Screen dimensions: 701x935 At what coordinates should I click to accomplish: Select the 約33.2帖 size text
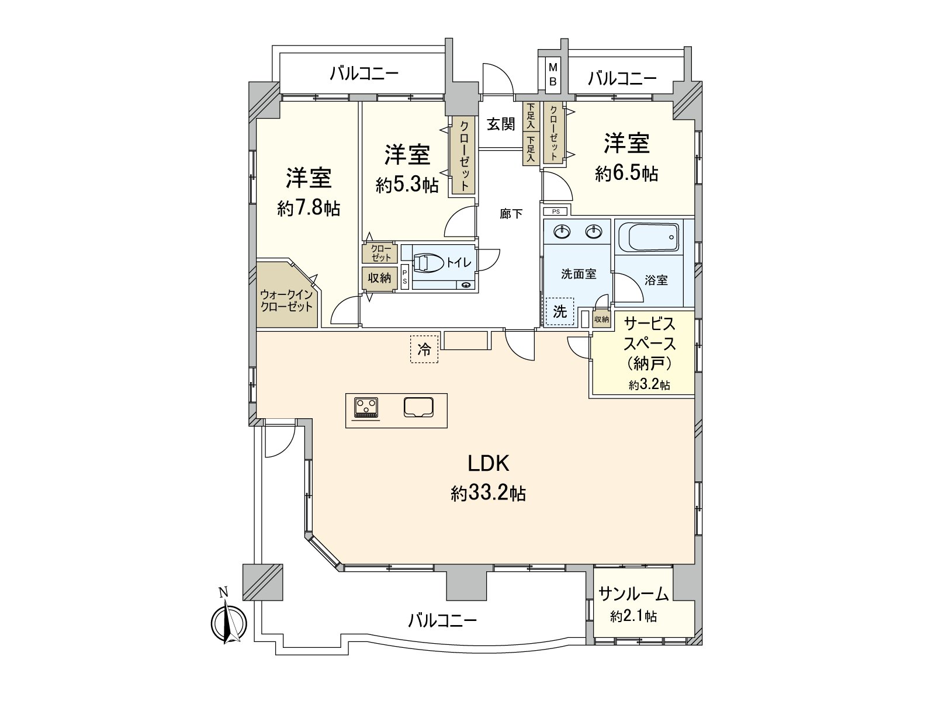(488, 494)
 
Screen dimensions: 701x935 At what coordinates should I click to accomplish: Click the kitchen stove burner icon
(366, 407)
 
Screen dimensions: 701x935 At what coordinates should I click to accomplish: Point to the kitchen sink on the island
(418, 407)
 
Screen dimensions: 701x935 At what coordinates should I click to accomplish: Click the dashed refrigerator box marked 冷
(424, 349)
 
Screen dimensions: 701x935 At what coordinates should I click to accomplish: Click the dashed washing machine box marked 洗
(560, 311)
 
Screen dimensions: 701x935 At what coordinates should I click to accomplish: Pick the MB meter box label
(552, 74)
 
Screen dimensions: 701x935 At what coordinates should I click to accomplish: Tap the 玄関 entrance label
(501, 124)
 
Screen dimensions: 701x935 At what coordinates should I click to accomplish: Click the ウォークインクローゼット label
(286, 301)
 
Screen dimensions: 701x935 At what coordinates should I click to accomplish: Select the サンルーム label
(633, 595)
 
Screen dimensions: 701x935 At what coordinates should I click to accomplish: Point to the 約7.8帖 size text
(309, 209)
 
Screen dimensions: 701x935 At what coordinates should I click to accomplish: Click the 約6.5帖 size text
(626, 173)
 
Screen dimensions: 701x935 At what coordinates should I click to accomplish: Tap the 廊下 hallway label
(511, 214)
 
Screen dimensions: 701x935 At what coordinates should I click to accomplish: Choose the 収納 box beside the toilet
(379, 278)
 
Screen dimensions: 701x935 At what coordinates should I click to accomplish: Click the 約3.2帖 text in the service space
(649, 385)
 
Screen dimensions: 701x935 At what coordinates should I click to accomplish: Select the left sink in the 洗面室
(563, 232)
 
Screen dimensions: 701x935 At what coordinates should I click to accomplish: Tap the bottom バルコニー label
(442, 620)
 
